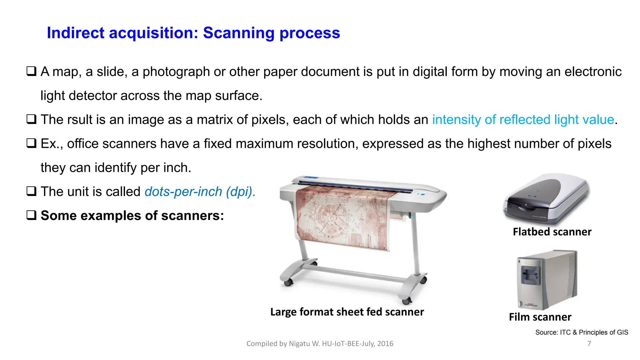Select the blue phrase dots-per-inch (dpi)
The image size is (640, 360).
(x=200, y=192)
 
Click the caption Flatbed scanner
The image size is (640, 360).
(x=552, y=232)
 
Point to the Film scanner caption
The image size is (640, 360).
(x=540, y=317)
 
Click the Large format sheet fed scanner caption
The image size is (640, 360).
(x=347, y=312)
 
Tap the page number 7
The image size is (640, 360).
(x=589, y=344)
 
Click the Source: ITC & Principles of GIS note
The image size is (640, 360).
(x=582, y=332)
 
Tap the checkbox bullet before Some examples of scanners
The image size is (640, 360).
(x=31, y=215)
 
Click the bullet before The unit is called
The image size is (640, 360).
(x=31, y=191)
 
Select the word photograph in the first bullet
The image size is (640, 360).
(x=176, y=72)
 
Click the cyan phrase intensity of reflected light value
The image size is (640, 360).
(x=523, y=120)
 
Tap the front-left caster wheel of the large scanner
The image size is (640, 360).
(x=288, y=282)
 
